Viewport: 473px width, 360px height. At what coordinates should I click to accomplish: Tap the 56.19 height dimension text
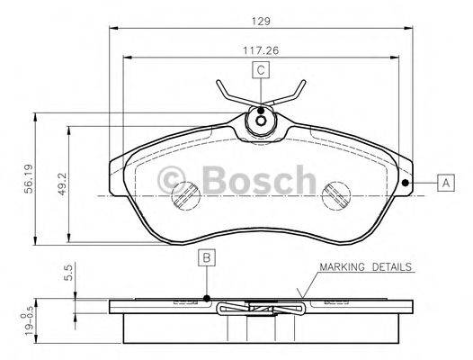tap(28, 177)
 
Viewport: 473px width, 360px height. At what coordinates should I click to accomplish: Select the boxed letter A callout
tap(444, 184)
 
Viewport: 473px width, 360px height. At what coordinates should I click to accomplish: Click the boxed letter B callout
tap(206, 259)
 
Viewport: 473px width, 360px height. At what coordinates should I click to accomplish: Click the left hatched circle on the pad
tap(186, 194)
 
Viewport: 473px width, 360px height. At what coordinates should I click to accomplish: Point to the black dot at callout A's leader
tap(406, 184)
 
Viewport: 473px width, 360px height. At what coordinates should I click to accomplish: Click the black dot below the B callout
tap(206, 298)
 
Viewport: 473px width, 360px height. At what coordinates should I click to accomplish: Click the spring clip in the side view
tap(261, 310)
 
